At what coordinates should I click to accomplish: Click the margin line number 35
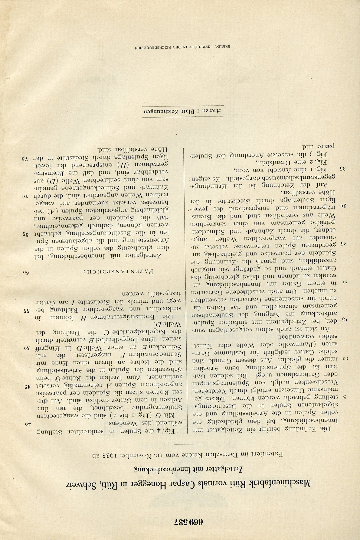point(335,168)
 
